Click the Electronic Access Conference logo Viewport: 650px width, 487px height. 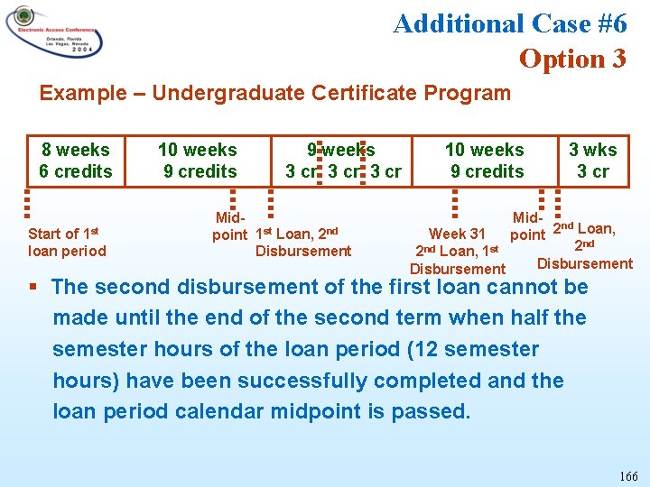54,33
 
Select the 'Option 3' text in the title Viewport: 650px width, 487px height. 571,59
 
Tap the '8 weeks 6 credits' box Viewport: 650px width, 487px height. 75,161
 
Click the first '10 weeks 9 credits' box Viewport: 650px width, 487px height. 198,161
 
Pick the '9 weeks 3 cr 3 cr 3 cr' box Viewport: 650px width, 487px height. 342,161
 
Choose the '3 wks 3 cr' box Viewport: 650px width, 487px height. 593,161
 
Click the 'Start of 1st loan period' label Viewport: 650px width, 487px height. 67,243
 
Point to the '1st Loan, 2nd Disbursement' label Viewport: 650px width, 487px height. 303,243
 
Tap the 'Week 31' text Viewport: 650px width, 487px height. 457,234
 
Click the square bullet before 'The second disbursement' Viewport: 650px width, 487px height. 33,288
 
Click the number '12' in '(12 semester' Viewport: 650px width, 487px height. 376,349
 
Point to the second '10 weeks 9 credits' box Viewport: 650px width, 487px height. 485,161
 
